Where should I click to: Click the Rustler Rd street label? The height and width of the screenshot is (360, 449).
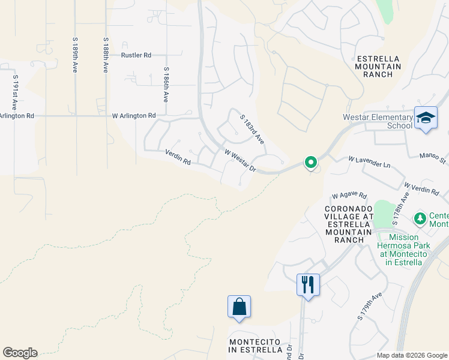coord(136,55)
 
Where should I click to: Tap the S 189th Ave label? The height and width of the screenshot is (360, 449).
coord(75,56)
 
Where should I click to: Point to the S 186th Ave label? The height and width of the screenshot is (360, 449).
coord(166,85)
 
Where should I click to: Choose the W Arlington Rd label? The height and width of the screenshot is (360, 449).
coord(134,115)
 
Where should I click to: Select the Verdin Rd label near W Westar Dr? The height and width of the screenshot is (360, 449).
coord(178,158)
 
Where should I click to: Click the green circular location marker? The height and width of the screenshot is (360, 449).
coord(311,162)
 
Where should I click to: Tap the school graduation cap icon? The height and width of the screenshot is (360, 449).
coord(426,118)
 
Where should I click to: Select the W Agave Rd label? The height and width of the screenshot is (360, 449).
coord(349,196)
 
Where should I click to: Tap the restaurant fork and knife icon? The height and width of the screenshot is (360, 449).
coord(308,284)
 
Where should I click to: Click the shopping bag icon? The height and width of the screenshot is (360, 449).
coord(239,307)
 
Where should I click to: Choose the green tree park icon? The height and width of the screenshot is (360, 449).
coord(420,217)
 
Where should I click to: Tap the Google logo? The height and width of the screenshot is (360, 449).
coord(20,353)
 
